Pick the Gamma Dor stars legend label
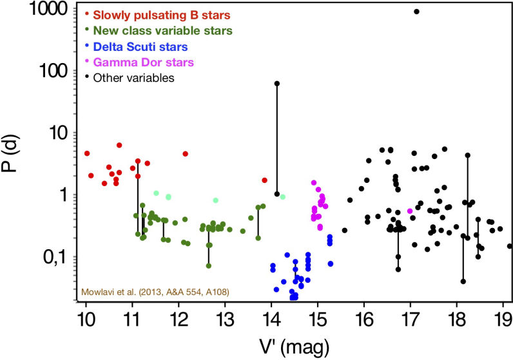point(143,62)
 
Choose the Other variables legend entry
point(133,78)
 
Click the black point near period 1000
point(417,11)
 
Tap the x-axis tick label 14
point(271,318)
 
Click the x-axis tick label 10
point(86,318)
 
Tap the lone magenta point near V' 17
point(410,211)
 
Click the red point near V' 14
point(264,180)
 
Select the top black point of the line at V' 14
point(277,83)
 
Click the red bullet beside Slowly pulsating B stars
point(87,14)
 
